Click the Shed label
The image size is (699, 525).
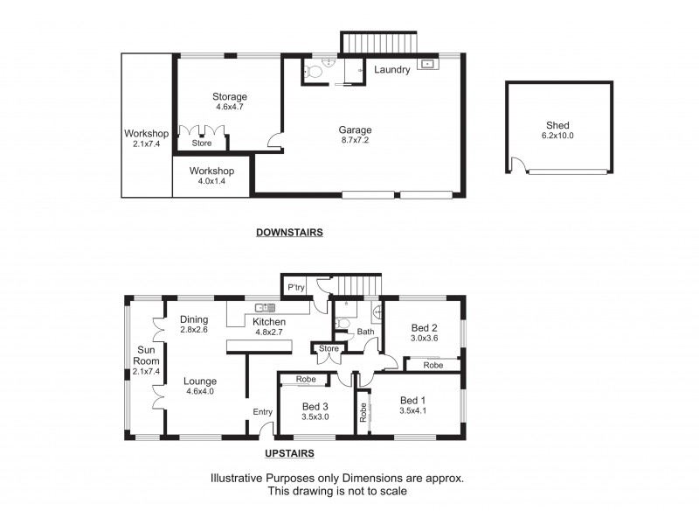coord(557,126)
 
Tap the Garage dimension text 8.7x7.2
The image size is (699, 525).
coord(356,141)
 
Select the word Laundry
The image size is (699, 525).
coord(391,70)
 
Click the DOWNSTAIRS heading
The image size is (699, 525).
coord(289,233)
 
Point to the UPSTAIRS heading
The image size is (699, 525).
coord(289,453)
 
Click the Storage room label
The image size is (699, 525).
coord(230,96)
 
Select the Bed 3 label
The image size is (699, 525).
coord(315,407)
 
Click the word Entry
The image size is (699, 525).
coord(262,412)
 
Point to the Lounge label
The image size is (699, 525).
coord(200,381)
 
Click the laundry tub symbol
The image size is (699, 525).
coord(427,64)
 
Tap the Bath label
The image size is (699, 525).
coord(365,332)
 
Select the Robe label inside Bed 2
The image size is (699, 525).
coord(433,365)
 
